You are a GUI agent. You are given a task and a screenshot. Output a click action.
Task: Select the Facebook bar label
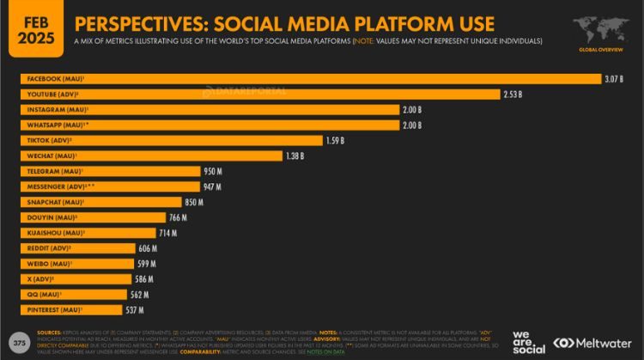coord(52,79)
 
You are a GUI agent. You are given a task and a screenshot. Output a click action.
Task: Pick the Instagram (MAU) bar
coord(210,110)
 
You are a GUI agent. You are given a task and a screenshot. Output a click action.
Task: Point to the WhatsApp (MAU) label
coord(54,125)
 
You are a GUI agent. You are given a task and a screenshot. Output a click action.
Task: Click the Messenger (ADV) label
coord(56,186)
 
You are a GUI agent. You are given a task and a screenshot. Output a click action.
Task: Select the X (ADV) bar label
coord(40,279)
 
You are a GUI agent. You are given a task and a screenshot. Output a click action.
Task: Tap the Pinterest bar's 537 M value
coord(136,309)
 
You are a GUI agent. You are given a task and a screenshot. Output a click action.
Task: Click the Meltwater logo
coord(593,341)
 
